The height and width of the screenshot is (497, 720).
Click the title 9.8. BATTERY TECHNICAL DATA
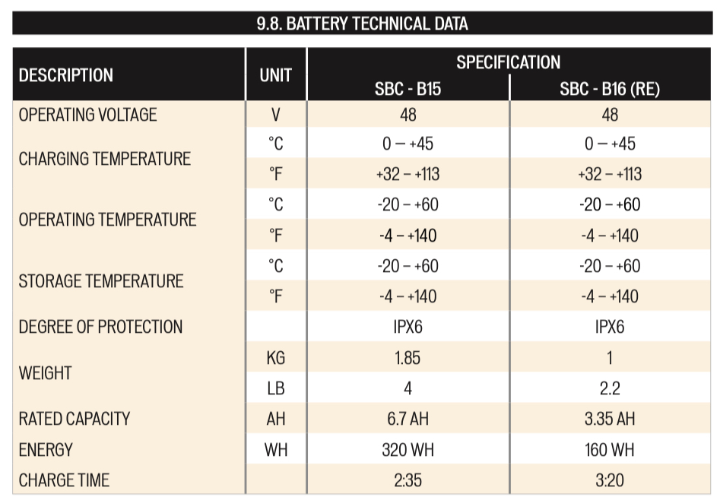click(363, 24)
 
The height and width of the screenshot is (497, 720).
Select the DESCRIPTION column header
click(65, 75)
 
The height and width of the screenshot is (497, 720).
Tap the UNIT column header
click(275, 75)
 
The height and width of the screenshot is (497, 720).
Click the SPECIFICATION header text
click(509, 62)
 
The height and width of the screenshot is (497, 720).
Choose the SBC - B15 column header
click(408, 89)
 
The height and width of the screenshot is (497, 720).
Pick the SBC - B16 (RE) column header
click(610, 89)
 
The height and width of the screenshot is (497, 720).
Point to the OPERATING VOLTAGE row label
click(87, 115)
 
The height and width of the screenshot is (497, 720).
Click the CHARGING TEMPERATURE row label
click(105, 159)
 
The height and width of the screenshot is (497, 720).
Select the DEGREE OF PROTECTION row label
click(100, 327)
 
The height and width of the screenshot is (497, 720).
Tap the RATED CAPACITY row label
click(75, 419)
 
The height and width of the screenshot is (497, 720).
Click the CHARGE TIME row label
click(64, 480)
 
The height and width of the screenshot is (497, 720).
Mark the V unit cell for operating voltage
click(275, 115)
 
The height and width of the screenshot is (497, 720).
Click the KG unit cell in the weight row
click(275, 357)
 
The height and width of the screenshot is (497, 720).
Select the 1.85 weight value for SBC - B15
click(408, 357)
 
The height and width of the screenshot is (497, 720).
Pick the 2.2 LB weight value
click(610, 388)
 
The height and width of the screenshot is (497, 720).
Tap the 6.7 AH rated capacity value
click(408, 419)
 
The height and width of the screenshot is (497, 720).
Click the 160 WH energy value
click(610, 450)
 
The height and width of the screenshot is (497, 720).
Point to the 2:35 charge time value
click(408, 480)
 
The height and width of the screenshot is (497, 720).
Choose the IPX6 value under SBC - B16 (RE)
click(610, 327)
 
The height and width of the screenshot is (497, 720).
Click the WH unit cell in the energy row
click(275, 450)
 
